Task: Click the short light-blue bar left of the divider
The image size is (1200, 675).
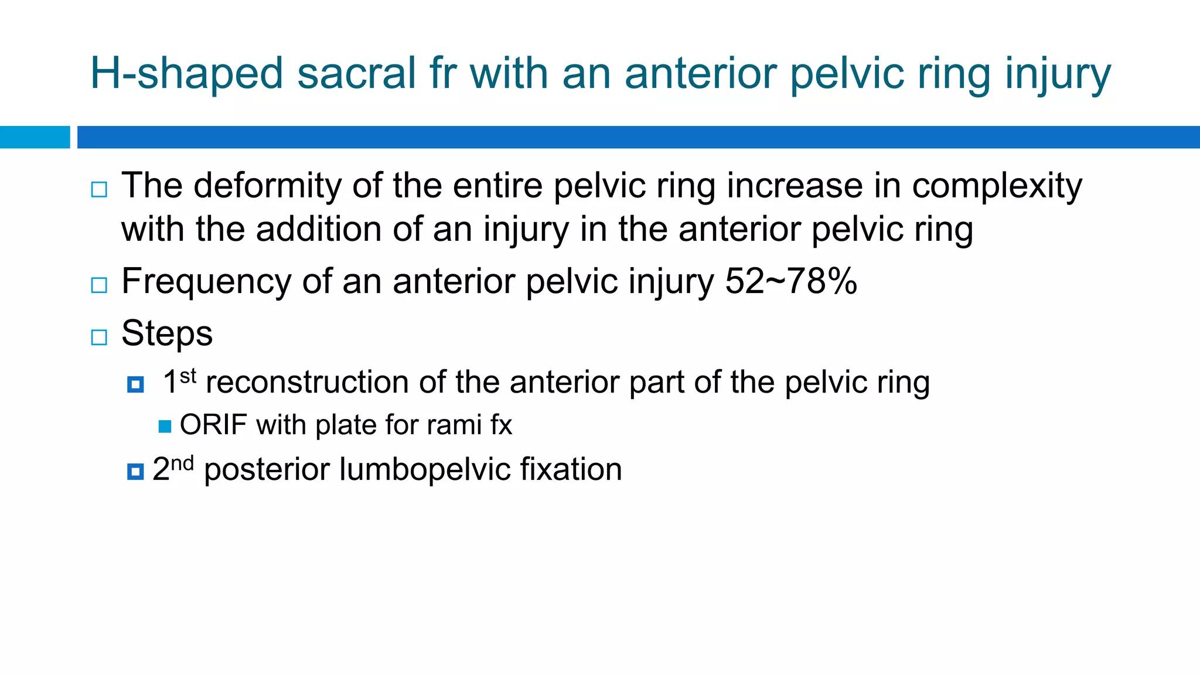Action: point(35,137)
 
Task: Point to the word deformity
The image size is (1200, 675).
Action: point(267,186)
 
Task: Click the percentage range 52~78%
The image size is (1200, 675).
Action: point(791,281)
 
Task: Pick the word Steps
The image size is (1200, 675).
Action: point(167,333)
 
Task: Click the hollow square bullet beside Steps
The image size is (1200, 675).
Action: point(99,337)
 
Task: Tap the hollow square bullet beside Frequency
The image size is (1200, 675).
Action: point(99,285)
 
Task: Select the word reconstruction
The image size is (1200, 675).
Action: point(307,382)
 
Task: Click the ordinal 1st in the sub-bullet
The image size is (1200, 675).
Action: point(179,381)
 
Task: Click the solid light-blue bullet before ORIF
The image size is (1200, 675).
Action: point(165,426)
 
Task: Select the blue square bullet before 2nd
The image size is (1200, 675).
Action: point(135,471)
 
